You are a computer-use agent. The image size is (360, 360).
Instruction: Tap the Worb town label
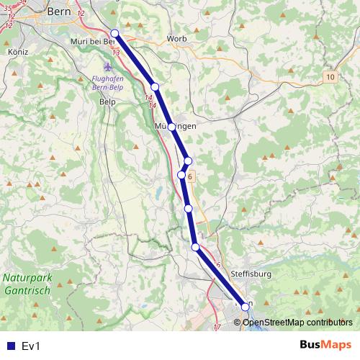click(x=176, y=38)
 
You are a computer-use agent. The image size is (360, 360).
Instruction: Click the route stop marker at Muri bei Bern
click(x=114, y=32)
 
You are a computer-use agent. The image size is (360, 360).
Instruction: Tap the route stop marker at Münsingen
click(x=171, y=127)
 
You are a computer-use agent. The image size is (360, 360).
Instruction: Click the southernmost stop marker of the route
click(x=246, y=307)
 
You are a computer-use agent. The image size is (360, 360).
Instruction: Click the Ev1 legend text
click(x=31, y=346)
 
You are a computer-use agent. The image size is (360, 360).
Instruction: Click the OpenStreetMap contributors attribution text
click(x=297, y=322)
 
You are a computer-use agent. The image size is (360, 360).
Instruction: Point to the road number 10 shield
click(x=330, y=76)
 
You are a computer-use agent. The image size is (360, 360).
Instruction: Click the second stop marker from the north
click(x=155, y=87)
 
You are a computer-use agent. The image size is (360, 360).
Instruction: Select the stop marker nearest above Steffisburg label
click(x=195, y=247)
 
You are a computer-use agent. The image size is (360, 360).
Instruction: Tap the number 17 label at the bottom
click(x=217, y=328)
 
